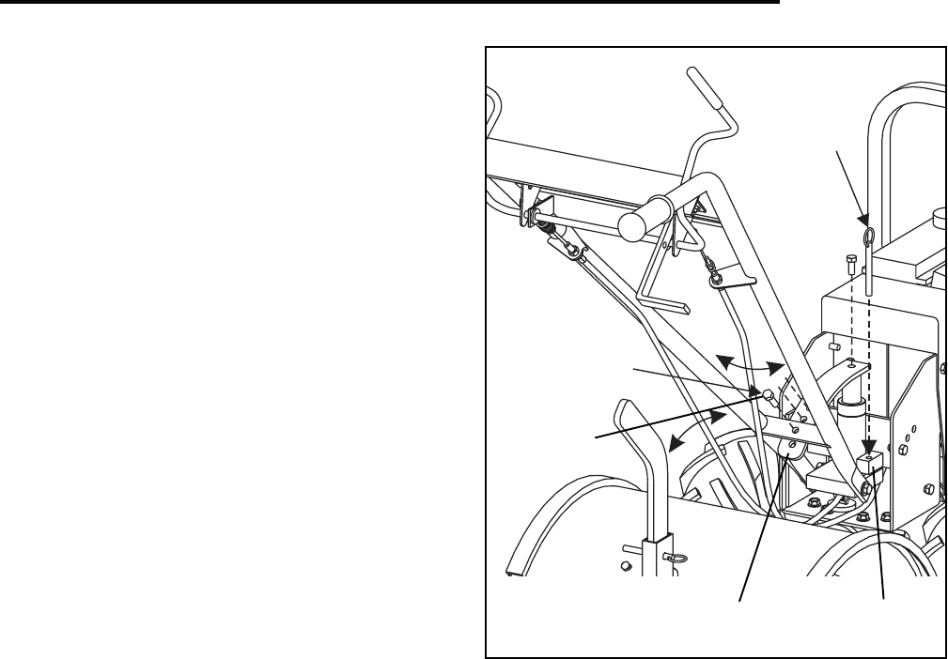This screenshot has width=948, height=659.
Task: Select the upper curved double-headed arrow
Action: pyautogui.click(x=750, y=364)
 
